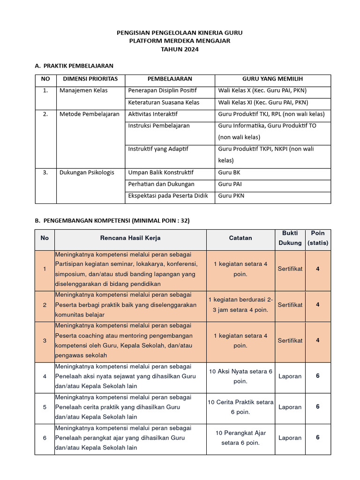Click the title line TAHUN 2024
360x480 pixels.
(180, 49)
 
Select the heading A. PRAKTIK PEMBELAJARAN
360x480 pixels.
(74, 66)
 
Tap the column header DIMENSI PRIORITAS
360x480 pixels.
(90, 79)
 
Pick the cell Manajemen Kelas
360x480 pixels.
(83, 90)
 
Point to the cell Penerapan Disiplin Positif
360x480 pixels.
(162, 90)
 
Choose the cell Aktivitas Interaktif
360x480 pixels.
(152, 114)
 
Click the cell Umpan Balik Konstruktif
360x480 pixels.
(160, 172)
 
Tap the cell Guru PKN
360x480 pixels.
(231, 196)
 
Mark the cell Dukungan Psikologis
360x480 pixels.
(87, 172)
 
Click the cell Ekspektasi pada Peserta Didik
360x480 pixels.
(168, 196)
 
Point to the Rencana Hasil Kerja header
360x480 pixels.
(130, 238)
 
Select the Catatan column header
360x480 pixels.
(240, 238)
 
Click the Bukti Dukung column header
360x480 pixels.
(290, 238)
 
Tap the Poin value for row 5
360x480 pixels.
(318, 407)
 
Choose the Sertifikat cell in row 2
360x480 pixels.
(290, 305)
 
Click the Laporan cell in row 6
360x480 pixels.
(290, 438)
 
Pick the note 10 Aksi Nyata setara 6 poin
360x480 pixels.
(240, 376)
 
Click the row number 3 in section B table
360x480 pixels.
(45, 341)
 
